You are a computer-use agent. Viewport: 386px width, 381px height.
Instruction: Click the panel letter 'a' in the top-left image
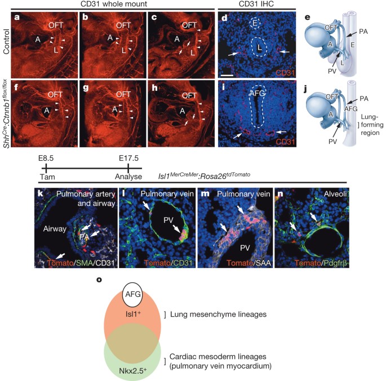pyautogui.click(x=17, y=17)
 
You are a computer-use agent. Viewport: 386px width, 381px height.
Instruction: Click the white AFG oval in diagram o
pyautogui.click(x=132, y=294)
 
